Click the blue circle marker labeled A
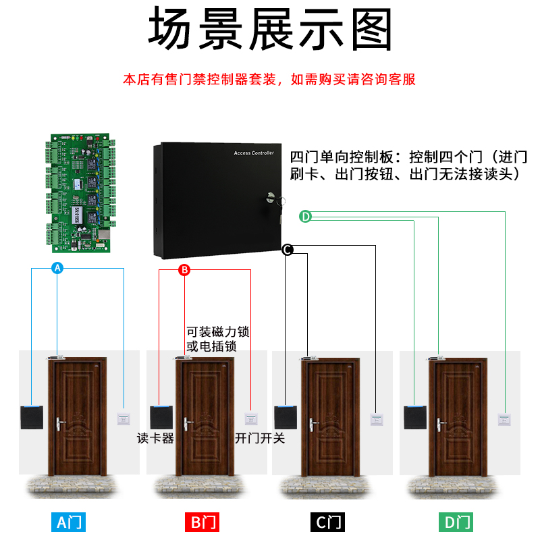(57, 268)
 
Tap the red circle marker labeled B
(184, 270)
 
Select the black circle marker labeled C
(287, 250)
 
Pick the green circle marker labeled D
(305, 216)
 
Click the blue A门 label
(70, 522)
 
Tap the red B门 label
(201, 522)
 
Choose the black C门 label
(327, 522)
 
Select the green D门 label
(456, 522)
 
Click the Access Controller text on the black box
(254, 154)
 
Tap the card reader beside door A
(32, 416)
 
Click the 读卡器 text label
(156, 438)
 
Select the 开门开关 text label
(260, 438)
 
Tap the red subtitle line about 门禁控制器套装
(270, 80)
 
